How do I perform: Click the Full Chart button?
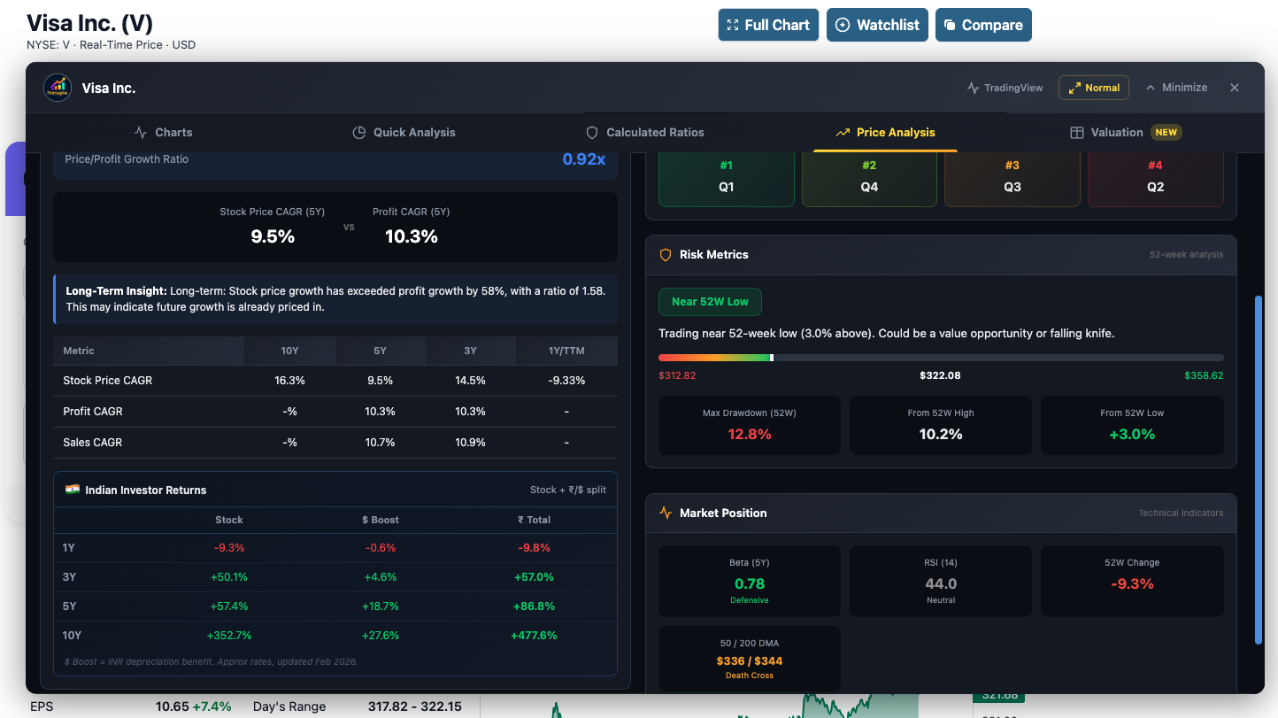click(768, 25)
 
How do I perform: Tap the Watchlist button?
click(877, 25)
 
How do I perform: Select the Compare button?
click(982, 25)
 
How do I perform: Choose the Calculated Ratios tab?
click(645, 132)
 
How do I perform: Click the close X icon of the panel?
click(1235, 88)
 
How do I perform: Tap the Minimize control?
click(1176, 88)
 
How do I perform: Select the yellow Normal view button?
click(1093, 88)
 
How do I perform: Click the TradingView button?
click(1005, 88)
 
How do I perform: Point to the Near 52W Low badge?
click(710, 302)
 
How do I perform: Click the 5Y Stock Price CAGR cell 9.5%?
click(380, 381)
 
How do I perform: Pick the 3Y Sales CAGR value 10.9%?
click(470, 443)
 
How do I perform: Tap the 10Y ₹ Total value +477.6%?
click(534, 636)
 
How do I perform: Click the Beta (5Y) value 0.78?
click(750, 583)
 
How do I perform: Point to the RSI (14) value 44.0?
click(941, 583)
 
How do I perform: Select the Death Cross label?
click(750, 676)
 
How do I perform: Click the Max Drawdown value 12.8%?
click(750, 434)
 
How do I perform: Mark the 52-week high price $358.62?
click(1204, 375)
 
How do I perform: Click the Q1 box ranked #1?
click(727, 178)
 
